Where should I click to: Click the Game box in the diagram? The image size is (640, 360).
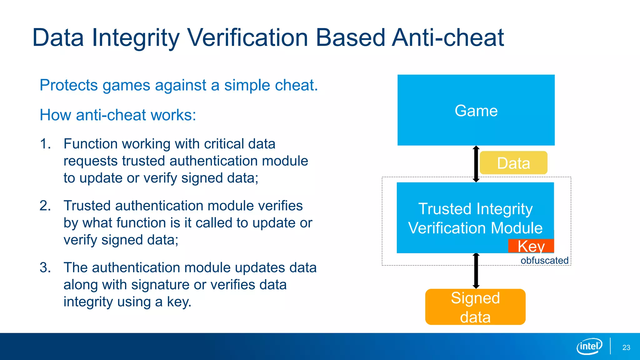476,110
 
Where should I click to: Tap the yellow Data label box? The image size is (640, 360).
513,163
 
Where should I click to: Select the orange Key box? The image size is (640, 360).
531,246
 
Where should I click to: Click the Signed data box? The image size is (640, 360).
475,307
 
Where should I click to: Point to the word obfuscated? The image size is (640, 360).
544,260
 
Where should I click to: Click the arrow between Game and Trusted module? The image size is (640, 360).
476,164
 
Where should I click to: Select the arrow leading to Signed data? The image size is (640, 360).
476,271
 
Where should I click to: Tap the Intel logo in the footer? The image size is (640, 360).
589,346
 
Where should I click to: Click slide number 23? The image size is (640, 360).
626,347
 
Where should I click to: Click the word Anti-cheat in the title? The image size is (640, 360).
448,38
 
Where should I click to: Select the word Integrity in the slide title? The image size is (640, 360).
136,38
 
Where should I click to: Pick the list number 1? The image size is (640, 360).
45,144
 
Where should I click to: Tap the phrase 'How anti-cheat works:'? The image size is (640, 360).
118,115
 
